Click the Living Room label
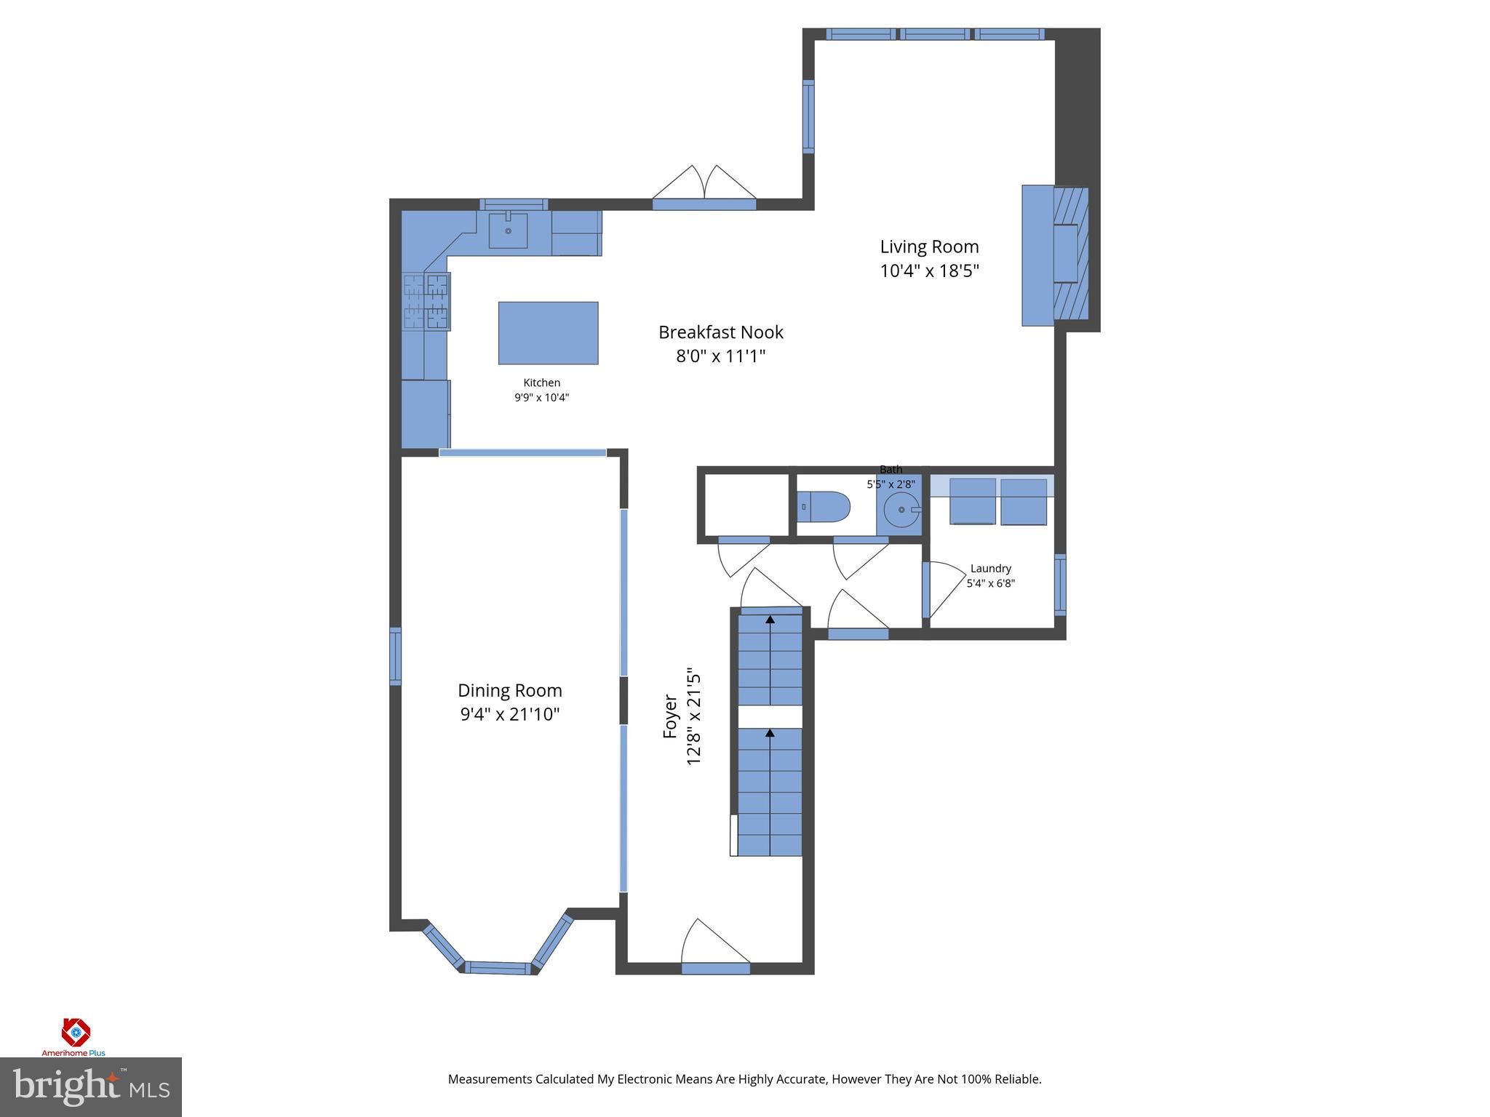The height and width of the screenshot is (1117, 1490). point(929,247)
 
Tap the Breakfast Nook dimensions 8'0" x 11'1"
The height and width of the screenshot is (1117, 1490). point(720,356)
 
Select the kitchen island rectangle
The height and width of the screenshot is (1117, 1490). point(548,333)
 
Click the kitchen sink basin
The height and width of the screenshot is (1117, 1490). point(508,231)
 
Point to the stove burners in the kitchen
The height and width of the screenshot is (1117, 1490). point(427,301)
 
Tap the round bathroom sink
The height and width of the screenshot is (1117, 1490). point(902,510)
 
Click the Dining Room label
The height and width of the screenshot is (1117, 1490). point(509,690)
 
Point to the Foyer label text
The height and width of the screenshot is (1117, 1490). point(670,717)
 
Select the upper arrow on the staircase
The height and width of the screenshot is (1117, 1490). point(770,620)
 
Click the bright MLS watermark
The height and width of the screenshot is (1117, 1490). point(90,1086)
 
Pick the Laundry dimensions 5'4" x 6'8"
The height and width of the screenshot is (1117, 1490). point(990,583)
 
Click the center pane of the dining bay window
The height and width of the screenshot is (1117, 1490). point(498,967)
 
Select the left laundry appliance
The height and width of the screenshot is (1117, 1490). point(972,501)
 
